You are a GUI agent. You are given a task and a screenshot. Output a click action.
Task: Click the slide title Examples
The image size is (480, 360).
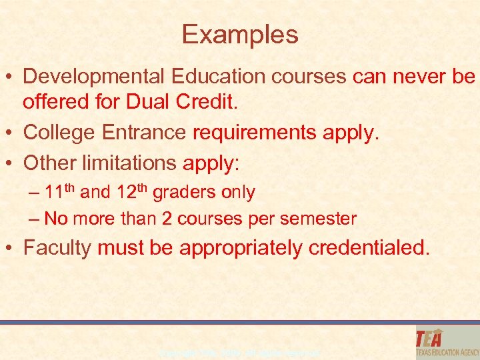pos(240,35)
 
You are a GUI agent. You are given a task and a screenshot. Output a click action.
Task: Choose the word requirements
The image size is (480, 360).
pos(255,133)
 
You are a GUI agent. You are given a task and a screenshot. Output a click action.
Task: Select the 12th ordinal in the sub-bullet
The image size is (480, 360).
pos(131,192)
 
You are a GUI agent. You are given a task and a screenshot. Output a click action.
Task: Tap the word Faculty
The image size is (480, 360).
pos(57,249)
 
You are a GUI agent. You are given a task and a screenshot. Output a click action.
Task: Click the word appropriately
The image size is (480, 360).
pos(244,249)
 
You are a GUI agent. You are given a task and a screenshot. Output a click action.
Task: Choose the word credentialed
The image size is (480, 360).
pos(369,248)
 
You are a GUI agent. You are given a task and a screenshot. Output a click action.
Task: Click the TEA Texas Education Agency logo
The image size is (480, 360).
pos(445,342)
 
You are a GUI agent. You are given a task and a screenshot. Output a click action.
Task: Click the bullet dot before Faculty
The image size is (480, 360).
pos(11,249)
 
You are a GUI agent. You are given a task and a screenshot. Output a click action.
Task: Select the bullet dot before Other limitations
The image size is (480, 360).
pos(11,162)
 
